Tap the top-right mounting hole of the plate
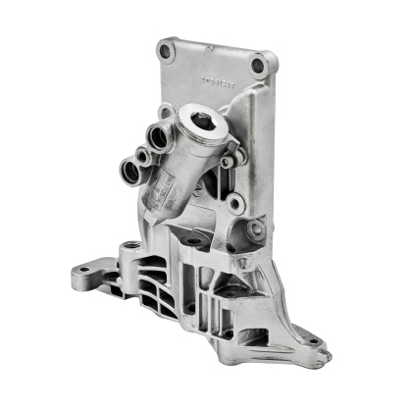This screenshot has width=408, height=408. pyautogui.click(x=258, y=65)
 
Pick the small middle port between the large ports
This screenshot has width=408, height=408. pyautogui.click(x=144, y=154)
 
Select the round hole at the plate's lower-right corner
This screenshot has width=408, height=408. pyautogui.click(x=255, y=231)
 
